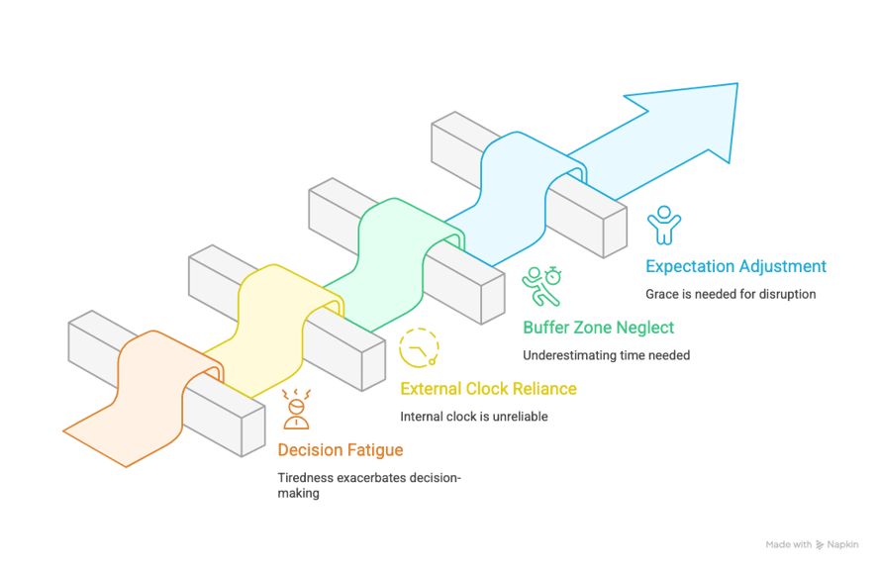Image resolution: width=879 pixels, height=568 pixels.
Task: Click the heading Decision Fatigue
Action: [x=340, y=451]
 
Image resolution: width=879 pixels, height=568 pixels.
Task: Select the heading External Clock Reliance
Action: [x=488, y=389]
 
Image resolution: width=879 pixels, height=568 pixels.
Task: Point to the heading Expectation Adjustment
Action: [x=735, y=266]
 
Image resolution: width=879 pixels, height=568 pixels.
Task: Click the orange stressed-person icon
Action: [x=295, y=409]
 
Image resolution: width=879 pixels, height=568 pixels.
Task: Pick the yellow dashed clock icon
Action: [x=419, y=347]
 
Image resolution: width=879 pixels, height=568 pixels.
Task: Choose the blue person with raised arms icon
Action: [x=663, y=225]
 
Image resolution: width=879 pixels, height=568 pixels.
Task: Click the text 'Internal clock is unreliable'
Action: [x=473, y=417]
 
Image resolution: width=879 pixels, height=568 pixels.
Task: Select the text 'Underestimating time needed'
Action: [x=606, y=355]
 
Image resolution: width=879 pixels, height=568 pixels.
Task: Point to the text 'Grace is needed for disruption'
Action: [x=731, y=294]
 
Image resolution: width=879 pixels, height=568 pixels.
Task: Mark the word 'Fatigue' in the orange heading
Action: [x=374, y=451]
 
